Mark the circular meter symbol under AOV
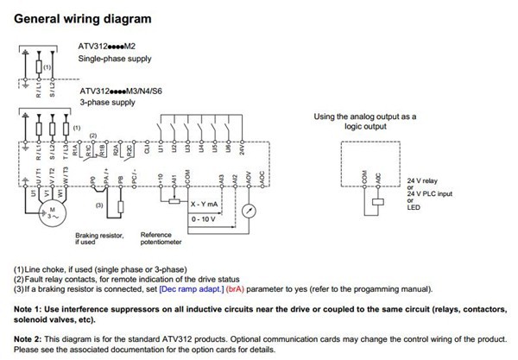tap(250, 210)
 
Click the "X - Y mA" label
tap(205, 204)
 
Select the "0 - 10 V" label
tap(204, 219)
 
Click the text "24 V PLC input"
tap(429, 193)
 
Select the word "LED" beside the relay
tap(413, 208)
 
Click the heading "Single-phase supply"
tap(114, 59)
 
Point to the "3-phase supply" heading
tap(107, 103)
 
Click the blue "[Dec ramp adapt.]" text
tap(190, 289)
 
